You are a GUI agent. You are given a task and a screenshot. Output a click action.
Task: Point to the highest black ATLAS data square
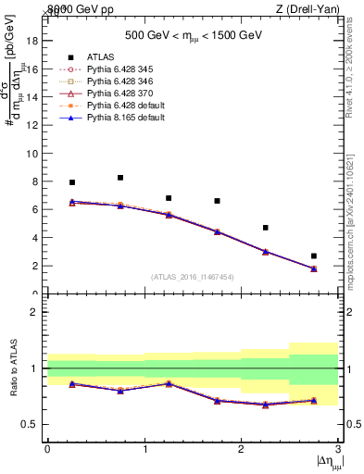120,178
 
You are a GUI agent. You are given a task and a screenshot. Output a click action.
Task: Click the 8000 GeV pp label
78,8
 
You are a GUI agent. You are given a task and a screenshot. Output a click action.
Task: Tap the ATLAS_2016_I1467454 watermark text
193,276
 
